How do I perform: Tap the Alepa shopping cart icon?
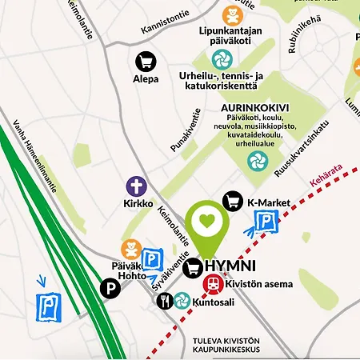click(x=145, y=61)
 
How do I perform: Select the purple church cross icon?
click(x=137, y=187)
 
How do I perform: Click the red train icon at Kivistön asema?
click(x=214, y=283)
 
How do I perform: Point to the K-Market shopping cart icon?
click(x=233, y=202)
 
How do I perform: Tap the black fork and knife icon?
click(x=164, y=301)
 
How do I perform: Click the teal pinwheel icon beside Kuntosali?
click(x=182, y=301)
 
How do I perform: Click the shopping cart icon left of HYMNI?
click(x=193, y=269)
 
